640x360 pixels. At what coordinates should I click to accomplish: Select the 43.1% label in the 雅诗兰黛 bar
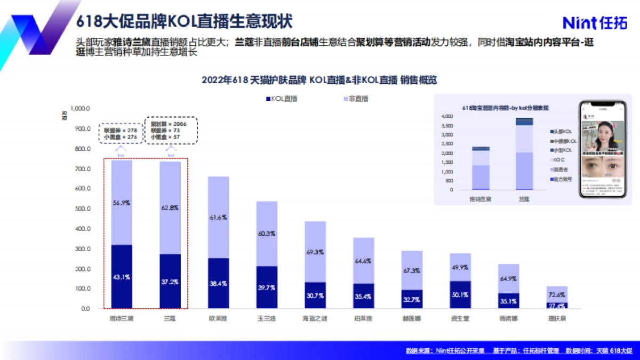click(122, 277)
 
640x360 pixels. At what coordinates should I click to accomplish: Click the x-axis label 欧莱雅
click(219, 318)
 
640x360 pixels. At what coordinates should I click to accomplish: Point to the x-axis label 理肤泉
click(557, 318)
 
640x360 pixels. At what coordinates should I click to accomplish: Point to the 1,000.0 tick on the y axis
click(80, 108)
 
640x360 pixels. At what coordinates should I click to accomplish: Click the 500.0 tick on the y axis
click(82, 209)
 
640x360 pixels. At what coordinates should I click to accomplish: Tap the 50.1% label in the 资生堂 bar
click(460, 294)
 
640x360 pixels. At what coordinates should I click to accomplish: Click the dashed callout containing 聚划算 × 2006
click(171, 130)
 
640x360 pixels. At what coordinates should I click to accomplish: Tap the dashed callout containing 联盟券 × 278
click(121, 133)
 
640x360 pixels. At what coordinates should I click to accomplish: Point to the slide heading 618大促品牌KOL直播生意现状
click(184, 22)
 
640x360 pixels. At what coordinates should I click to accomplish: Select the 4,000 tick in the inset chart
click(447, 116)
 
